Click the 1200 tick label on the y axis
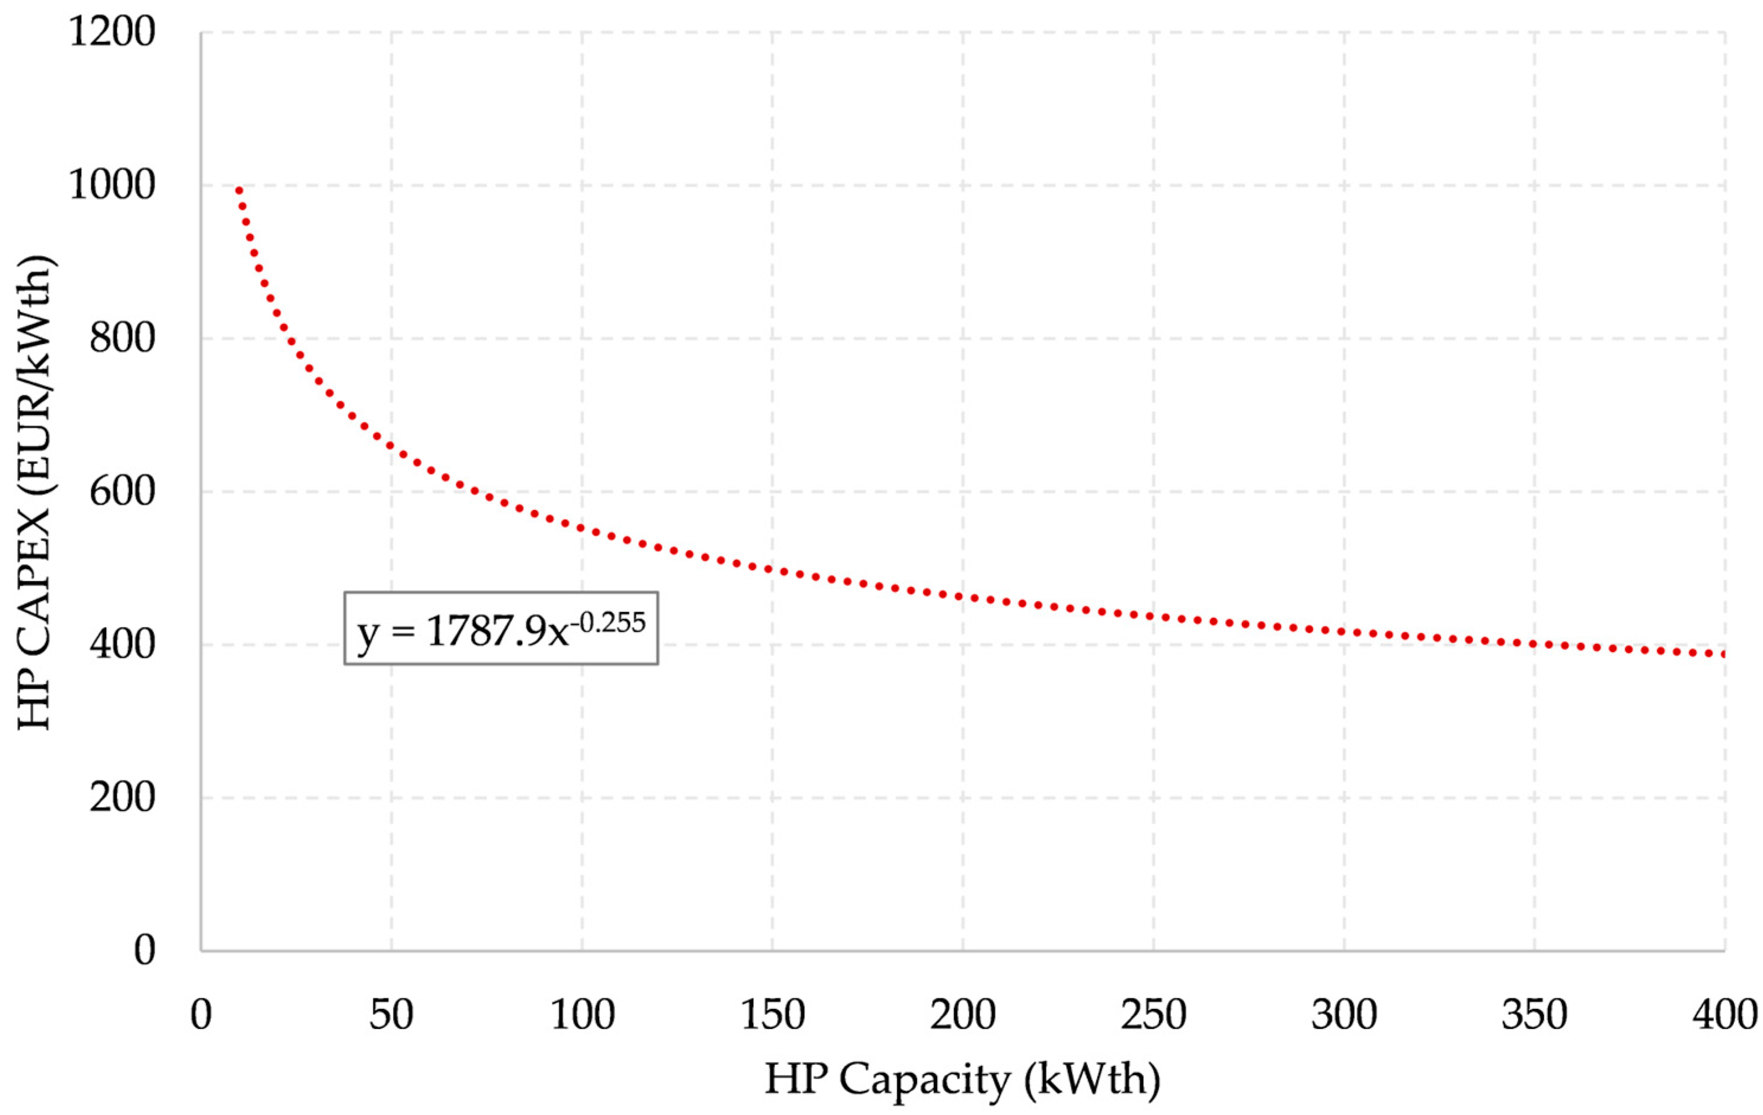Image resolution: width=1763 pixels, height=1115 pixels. pos(112,33)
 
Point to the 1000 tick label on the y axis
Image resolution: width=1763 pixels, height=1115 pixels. pos(112,186)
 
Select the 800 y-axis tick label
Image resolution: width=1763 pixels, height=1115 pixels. pos(122,339)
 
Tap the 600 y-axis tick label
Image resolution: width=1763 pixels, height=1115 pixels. pos(122,491)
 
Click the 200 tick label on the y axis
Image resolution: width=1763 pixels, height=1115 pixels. pos(122,797)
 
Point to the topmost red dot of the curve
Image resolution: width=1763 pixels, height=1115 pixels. pos(239,190)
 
